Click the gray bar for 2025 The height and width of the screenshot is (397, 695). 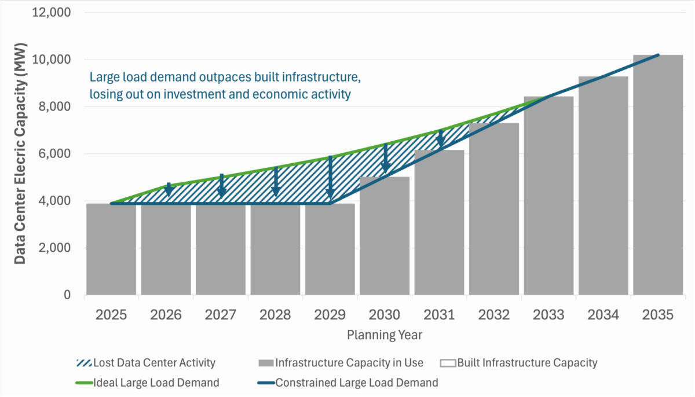coord(111,249)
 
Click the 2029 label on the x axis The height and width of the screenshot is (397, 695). coord(330,315)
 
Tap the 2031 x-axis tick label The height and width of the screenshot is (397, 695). coord(439,315)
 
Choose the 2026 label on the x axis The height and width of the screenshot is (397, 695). coord(166,315)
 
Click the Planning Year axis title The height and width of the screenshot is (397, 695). coord(385,334)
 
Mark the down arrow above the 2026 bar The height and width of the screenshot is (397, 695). coord(169,190)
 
